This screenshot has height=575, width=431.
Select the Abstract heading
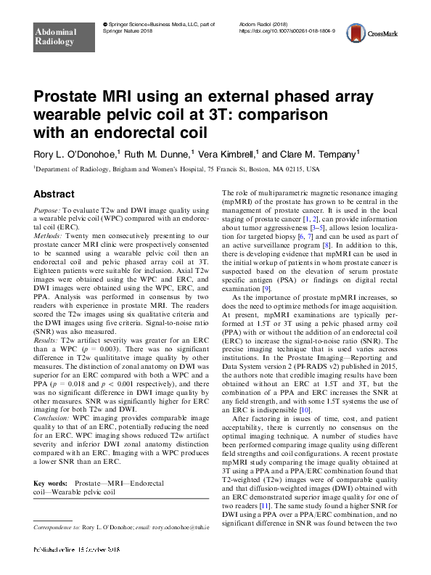(54, 195)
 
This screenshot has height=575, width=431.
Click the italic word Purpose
(48, 210)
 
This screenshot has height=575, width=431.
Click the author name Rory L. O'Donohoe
(81, 153)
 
